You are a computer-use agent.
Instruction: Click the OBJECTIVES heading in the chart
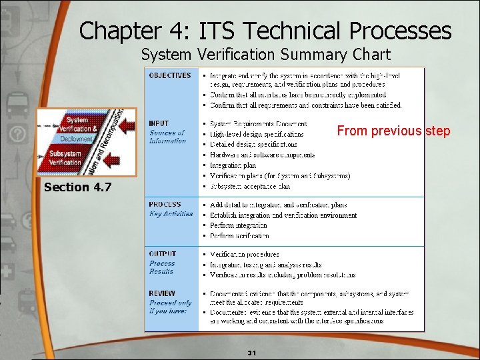pos(170,75)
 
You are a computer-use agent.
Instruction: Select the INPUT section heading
pos(159,123)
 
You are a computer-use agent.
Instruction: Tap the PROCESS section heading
pos(165,205)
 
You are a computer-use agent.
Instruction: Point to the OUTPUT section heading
pos(163,254)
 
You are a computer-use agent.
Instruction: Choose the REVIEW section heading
pos(162,293)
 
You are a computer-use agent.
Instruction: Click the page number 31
pos(252,353)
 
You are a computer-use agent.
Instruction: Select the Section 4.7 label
pos(77,187)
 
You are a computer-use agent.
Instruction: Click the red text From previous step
pos(393,131)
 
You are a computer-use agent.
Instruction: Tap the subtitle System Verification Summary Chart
pos(265,55)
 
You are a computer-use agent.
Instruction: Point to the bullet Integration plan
pos(233,165)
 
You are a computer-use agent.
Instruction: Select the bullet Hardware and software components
pos(262,155)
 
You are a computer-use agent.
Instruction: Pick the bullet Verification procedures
pos(245,255)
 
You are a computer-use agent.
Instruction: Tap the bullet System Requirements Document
pos(258,124)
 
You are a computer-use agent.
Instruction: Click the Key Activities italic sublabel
pos(171,214)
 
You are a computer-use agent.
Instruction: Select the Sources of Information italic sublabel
pos(167,137)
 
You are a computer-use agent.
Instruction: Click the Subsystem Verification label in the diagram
pos(65,158)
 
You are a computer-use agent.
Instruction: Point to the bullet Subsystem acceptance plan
pos(250,187)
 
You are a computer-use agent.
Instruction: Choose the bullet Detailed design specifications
pos(253,144)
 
